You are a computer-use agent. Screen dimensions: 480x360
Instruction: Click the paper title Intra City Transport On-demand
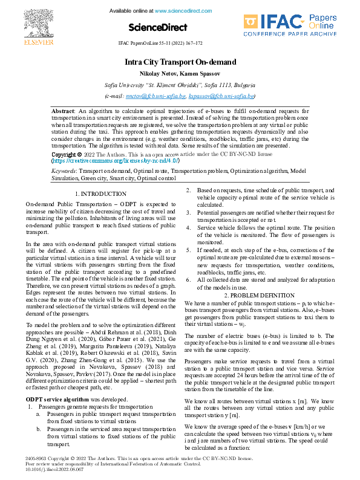tap(180, 62)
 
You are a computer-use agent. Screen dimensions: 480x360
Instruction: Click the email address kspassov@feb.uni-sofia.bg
tap(221, 96)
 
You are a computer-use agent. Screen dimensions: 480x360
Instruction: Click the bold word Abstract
tap(62, 112)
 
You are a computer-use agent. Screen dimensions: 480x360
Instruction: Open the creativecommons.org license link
tap(106, 161)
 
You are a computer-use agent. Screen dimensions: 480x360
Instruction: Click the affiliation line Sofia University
tap(180, 85)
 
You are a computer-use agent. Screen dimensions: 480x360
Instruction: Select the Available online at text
tap(131, 11)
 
